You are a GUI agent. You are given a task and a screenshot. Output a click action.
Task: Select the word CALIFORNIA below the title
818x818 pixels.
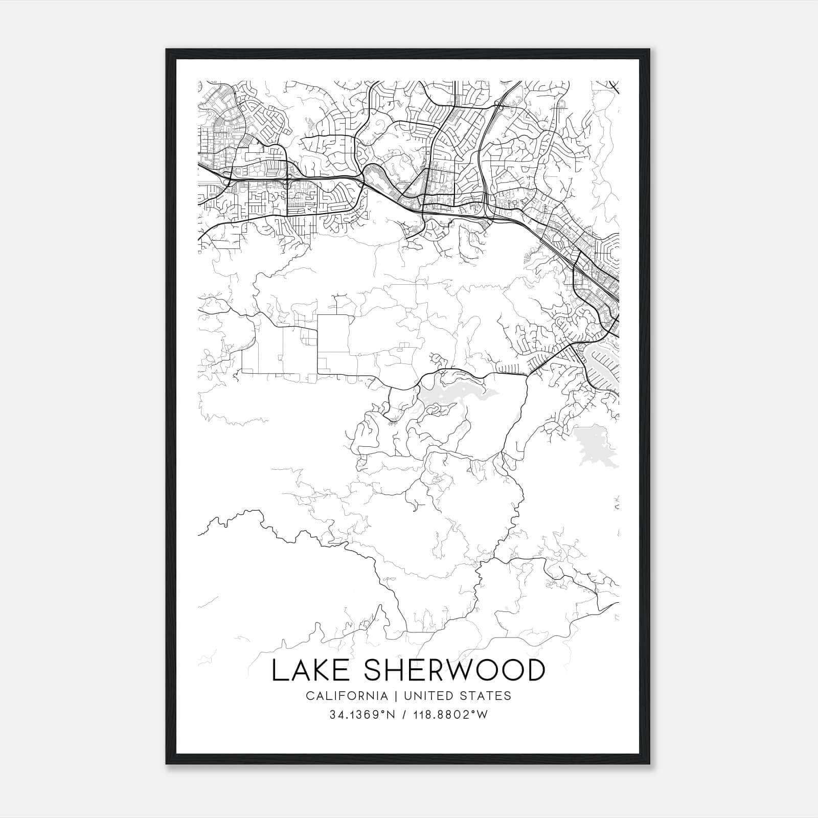[347, 696]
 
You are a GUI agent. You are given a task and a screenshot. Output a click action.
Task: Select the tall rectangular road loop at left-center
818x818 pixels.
[333, 344]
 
